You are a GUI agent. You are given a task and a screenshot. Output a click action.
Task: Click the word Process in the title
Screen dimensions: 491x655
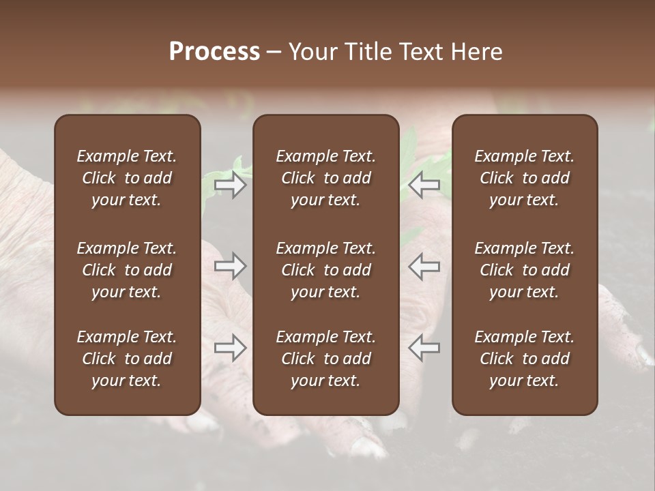(214, 52)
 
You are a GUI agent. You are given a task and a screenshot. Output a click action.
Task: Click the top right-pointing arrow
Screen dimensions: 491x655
(231, 185)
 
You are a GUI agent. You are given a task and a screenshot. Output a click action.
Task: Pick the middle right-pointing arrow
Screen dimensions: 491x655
(231, 266)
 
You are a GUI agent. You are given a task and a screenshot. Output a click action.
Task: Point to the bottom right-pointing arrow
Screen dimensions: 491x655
(231, 348)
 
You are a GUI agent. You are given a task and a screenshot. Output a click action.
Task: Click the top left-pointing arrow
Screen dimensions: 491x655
(424, 185)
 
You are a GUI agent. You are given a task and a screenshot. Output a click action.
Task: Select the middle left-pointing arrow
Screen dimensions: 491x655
(424, 266)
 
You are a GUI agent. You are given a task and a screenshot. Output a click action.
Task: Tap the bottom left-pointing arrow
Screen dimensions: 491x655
(424, 348)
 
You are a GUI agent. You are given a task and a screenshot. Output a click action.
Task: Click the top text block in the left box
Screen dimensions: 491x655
(127, 178)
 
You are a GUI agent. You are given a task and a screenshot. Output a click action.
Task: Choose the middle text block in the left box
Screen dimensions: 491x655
(127, 270)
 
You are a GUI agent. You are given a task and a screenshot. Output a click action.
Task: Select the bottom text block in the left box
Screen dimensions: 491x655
(127, 359)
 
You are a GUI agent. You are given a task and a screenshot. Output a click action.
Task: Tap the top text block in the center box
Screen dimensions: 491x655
(326, 178)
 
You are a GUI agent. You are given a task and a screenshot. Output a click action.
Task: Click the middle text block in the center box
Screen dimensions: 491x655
(326, 270)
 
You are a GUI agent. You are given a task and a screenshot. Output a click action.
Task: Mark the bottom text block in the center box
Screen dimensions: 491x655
(326, 359)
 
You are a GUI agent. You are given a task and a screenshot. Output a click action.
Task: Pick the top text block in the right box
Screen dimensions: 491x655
(525, 178)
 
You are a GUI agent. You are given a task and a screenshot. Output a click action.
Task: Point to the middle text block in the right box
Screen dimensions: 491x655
(525, 270)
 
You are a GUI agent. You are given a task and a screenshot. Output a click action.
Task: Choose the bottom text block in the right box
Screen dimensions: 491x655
(525, 359)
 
